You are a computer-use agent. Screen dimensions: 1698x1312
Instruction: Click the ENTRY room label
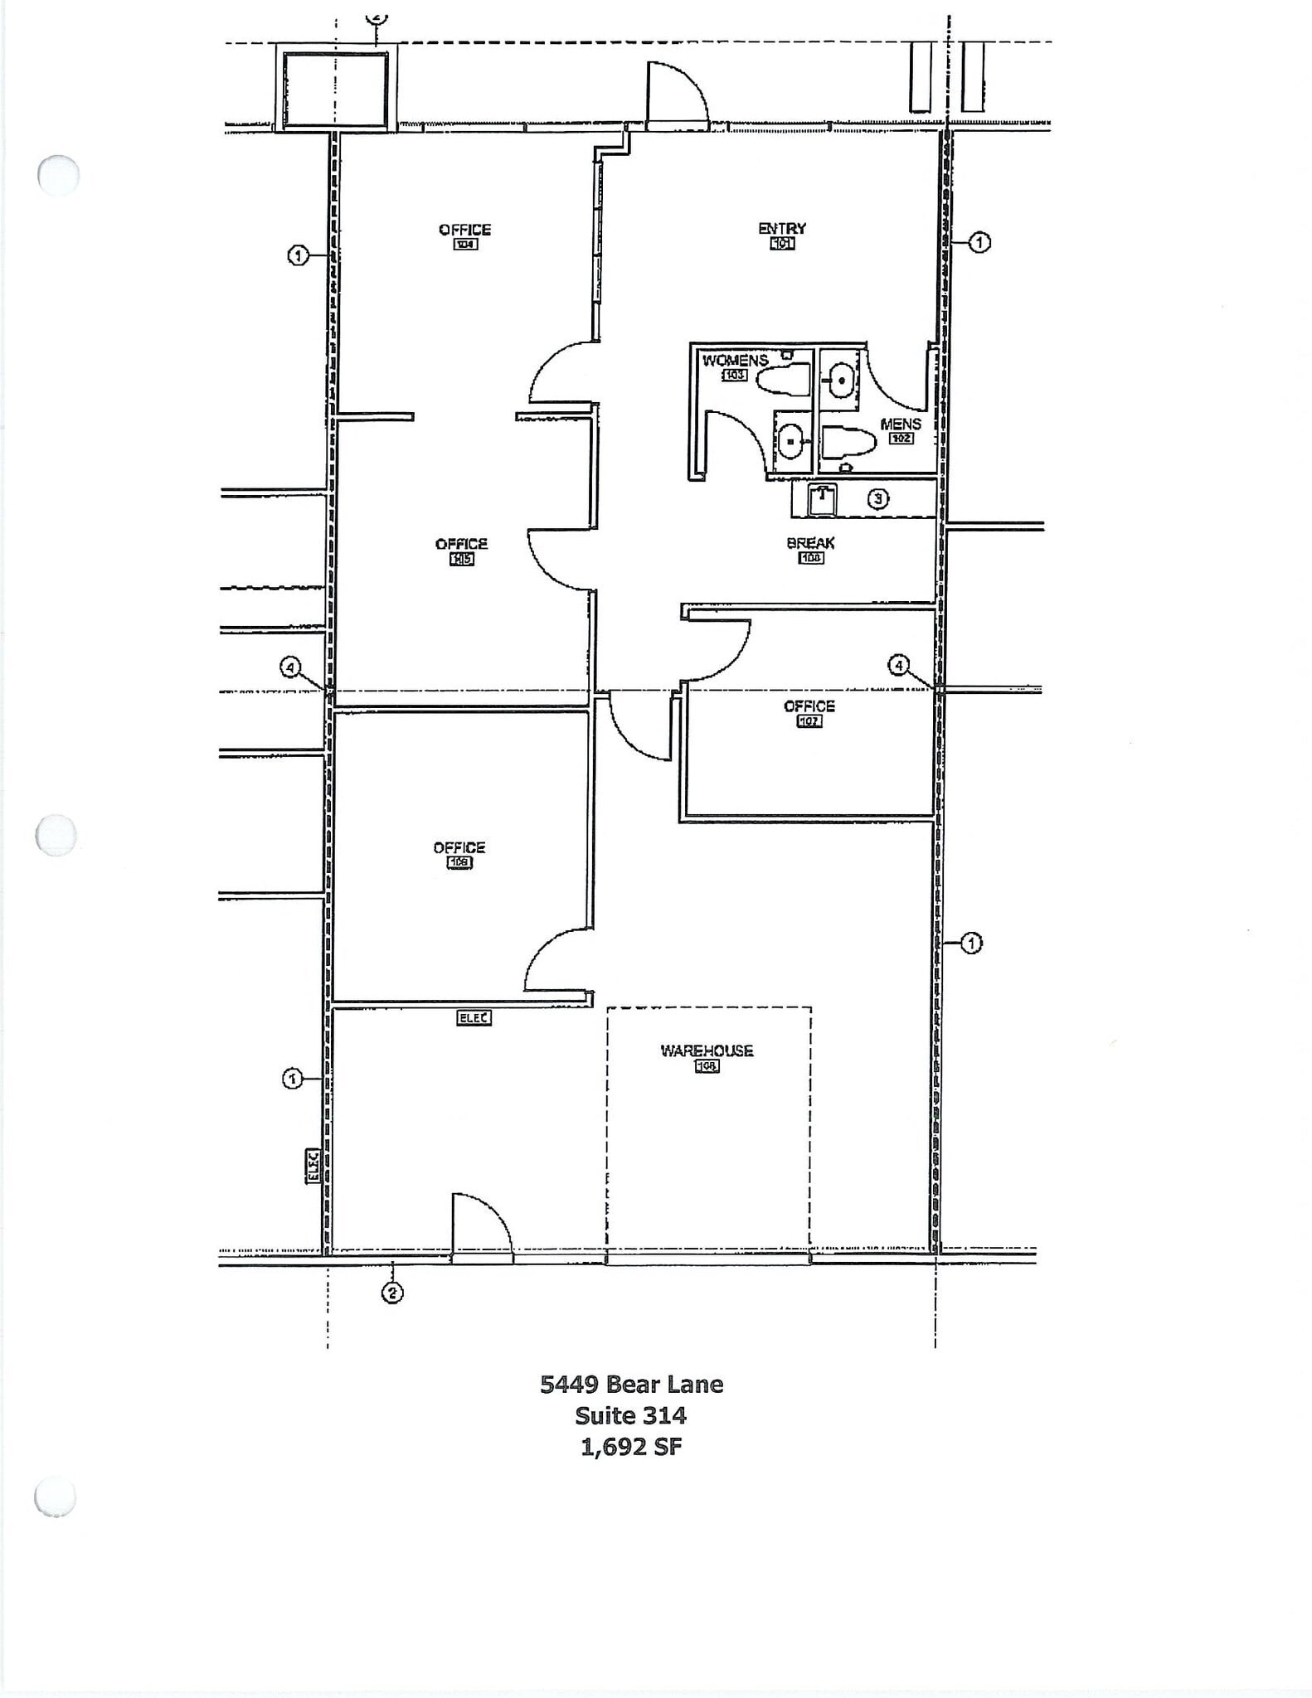(x=782, y=228)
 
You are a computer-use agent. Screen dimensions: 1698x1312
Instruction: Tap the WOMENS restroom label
(x=735, y=361)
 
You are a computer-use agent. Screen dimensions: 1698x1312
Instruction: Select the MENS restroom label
(x=901, y=424)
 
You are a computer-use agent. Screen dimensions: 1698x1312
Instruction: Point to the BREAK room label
(x=810, y=543)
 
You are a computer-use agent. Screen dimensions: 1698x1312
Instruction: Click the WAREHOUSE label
(x=707, y=1050)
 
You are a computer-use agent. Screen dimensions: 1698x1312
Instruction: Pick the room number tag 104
(x=465, y=245)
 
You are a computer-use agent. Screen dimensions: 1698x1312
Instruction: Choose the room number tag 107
(x=809, y=721)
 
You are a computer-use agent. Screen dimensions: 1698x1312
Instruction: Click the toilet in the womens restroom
(x=783, y=381)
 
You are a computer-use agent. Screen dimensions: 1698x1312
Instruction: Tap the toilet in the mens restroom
(x=848, y=442)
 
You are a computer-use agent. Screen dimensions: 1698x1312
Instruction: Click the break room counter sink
(x=822, y=500)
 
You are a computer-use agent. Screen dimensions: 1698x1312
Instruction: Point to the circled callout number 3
(x=878, y=499)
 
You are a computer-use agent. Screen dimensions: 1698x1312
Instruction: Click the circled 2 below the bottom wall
(x=391, y=1293)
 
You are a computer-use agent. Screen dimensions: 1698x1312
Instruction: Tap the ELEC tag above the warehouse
(x=474, y=1017)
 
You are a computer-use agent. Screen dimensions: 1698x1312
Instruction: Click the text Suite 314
(x=631, y=1414)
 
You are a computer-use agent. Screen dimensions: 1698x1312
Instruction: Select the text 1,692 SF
(x=631, y=1447)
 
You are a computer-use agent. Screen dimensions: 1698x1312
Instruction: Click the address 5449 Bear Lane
(x=631, y=1384)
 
